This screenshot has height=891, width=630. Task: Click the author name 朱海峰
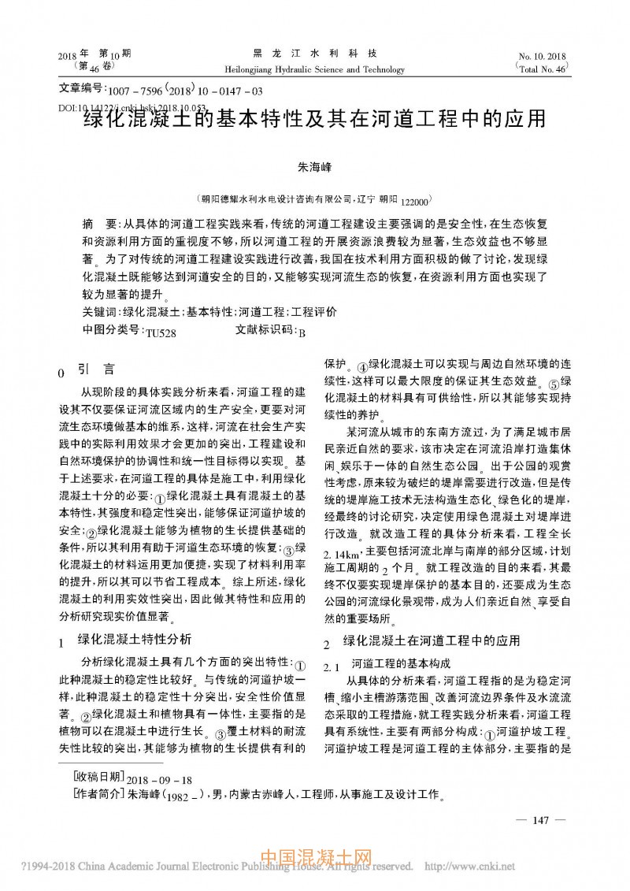click(x=314, y=168)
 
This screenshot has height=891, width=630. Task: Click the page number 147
click(x=540, y=820)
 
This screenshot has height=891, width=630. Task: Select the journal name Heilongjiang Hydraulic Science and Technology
click(x=314, y=69)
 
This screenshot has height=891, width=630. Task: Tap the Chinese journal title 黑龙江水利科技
click(x=314, y=54)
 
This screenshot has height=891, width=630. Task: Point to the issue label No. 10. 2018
click(x=543, y=57)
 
